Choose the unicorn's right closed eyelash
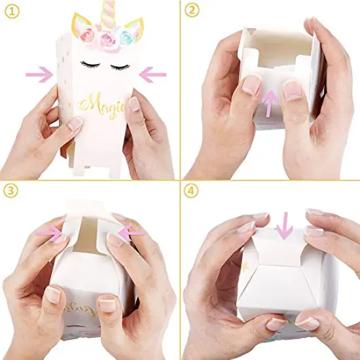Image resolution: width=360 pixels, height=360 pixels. click(x=122, y=66)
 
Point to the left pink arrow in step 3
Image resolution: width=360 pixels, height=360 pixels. click(x=54, y=232)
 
